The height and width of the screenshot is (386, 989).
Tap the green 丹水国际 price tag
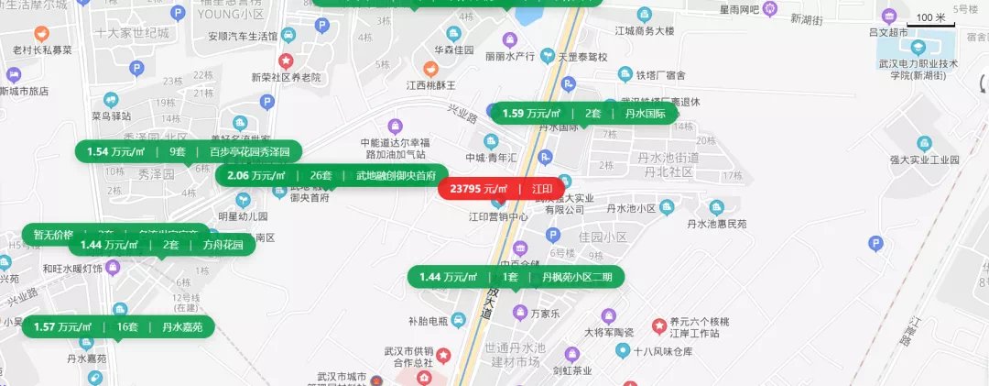click(584, 114)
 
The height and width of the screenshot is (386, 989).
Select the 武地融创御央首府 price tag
click(331, 175)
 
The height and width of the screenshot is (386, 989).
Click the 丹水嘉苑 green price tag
click(117, 326)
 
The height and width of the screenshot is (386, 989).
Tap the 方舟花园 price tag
click(162, 245)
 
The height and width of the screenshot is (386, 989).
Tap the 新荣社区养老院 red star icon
click(286, 61)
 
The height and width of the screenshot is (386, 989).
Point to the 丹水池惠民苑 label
click(717, 223)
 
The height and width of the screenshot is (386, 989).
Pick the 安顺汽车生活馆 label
click(243, 37)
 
